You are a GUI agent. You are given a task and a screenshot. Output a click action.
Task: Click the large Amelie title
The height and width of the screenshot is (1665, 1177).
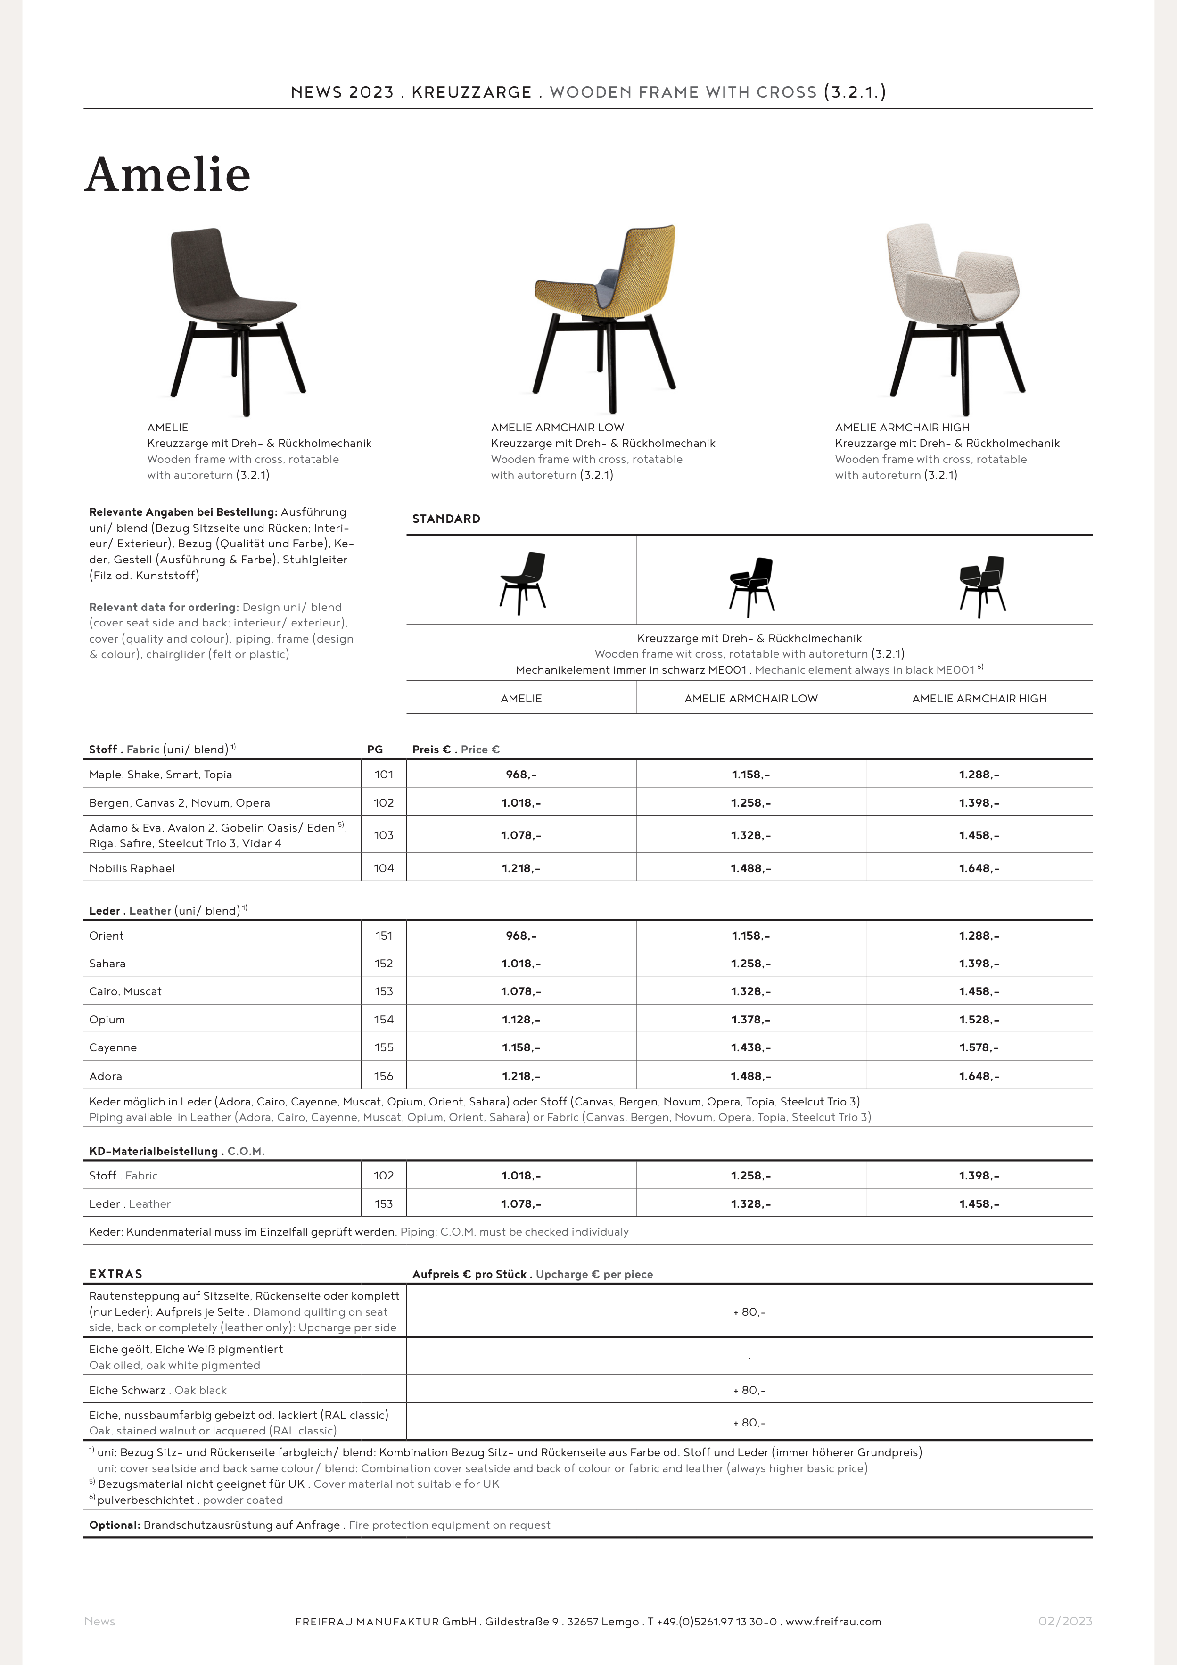click(x=167, y=175)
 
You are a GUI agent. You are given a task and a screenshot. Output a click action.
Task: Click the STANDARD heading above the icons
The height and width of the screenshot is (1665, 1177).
click(x=446, y=519)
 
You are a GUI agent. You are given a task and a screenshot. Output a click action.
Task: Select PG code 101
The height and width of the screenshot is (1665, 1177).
click(x=384, y=775)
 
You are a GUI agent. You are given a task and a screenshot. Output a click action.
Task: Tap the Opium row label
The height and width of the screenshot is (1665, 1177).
click(x=107, y=1020)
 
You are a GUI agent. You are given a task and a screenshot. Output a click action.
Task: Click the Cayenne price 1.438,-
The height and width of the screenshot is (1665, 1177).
click(x=750, y=1047)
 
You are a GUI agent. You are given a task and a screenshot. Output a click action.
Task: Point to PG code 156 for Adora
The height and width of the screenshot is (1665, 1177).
click(x=384, y=1076)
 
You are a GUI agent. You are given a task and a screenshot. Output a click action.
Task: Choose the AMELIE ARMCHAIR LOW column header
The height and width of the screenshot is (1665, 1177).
click(x=750, y=698)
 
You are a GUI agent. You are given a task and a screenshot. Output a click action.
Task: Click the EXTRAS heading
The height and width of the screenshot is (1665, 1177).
click(x=116, y=1274)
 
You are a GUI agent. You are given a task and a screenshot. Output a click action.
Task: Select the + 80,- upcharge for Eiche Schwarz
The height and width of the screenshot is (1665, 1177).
click(x=749, y=1390)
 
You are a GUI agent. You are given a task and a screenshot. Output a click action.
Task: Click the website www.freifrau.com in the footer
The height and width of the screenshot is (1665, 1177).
click(x=833, y=1622)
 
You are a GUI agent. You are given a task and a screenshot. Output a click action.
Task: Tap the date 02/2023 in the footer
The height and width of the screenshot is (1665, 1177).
click(x=1065, y=1622)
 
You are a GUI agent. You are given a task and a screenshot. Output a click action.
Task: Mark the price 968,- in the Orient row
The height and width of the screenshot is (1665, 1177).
click(x=521, y=935)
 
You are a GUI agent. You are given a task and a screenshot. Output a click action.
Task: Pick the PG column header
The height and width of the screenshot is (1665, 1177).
click(x=375, y=749)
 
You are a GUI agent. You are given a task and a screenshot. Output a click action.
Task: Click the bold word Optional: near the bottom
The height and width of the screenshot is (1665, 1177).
click(x=115, y=1525)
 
